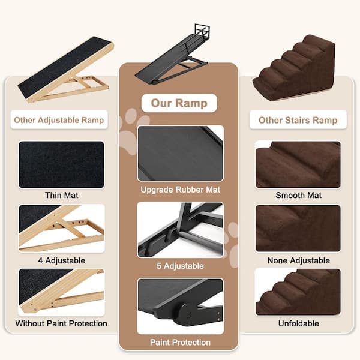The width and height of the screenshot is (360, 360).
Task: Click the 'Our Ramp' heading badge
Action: click(179, 103)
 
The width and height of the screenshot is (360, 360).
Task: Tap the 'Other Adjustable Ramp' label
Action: click(59, 120)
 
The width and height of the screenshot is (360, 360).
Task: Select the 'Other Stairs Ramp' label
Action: click(298, 120)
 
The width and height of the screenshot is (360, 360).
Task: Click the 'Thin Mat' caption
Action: click(62, 195)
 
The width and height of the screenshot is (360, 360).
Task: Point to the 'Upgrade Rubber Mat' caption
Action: click(181, 190)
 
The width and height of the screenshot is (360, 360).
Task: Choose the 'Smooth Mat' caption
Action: click(298, 195)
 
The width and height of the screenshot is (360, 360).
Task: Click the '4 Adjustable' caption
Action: click(62, 260)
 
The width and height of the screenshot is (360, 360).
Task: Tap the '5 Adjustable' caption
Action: click(180, 266)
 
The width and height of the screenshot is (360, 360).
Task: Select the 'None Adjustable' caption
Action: click(298, 260)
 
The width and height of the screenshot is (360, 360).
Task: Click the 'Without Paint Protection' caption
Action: click(61, 323)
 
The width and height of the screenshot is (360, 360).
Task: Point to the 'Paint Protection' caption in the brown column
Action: click(180, 343)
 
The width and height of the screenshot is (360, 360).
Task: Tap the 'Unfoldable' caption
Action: click(298, 323)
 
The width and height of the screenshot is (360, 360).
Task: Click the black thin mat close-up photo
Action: click(62, 164)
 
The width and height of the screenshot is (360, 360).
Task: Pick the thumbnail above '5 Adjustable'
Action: click(181, 230)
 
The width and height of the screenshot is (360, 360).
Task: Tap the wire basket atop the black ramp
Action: click(202, 31)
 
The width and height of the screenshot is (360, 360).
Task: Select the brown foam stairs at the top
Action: click(294, 68)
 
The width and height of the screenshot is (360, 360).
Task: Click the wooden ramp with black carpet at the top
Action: click(65, 70)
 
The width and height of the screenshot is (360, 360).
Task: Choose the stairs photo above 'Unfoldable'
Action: click(298, 292)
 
